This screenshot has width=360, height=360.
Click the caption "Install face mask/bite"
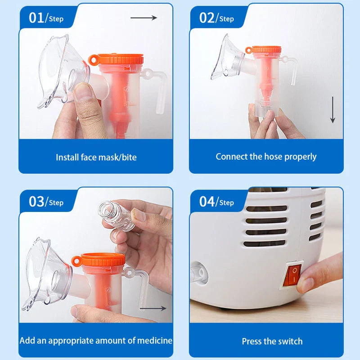(96, 157)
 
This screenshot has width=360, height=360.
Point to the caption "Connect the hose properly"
(266, 157)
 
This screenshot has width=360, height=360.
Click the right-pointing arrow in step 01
(144, 18)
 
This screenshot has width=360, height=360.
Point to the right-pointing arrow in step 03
(153, 309)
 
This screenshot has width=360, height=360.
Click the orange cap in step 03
(102, 260)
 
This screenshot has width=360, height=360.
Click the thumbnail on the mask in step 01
(84, 94)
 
